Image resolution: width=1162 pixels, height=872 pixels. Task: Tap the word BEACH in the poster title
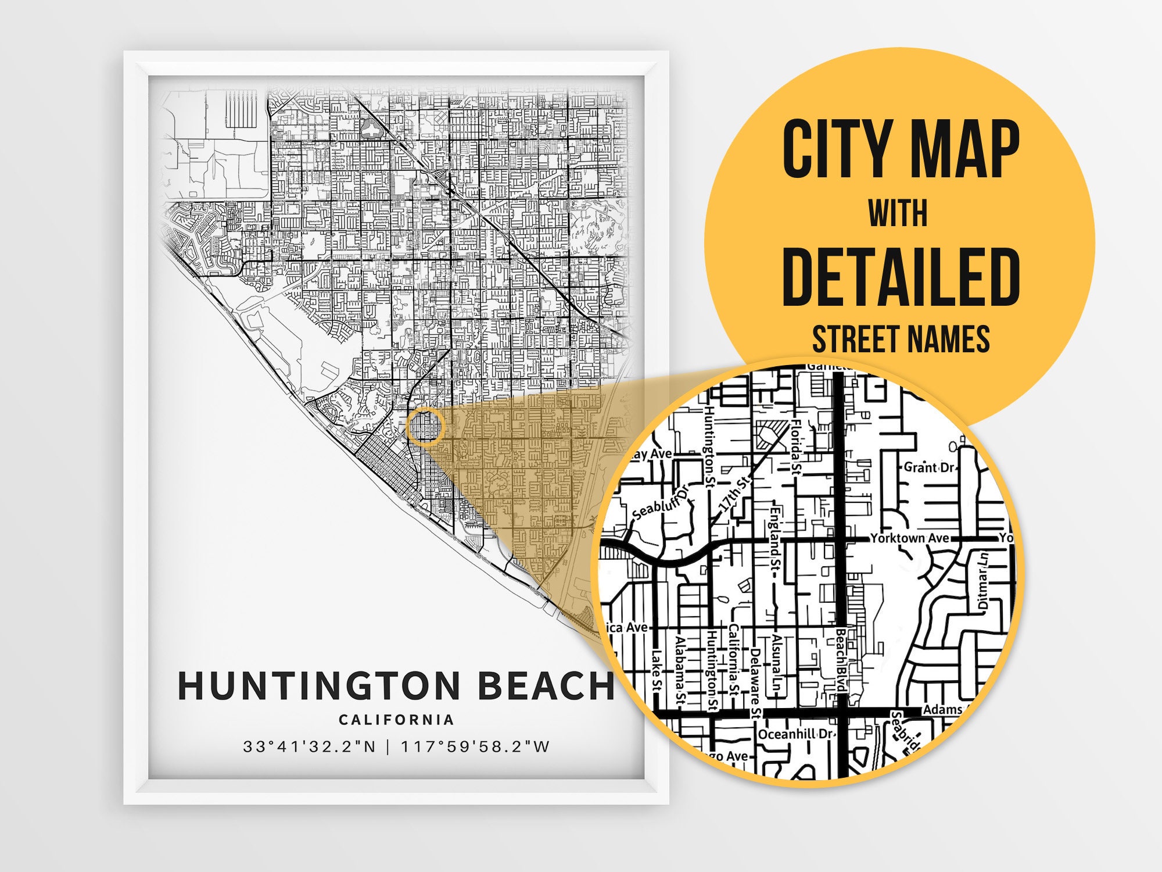coord(546,685)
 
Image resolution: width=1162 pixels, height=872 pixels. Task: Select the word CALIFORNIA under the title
coord(396,720)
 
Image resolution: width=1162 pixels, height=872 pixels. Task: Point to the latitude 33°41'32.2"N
coord(310,746)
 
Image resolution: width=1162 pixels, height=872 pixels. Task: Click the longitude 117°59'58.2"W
coord(475,746)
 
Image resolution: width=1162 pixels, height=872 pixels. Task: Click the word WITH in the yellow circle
coord(898,213)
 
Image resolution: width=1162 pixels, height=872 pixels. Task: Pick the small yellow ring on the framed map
coord(425,427)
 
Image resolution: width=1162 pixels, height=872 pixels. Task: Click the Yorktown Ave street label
coord(909,538)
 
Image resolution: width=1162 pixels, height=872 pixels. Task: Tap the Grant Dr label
coord(928,467)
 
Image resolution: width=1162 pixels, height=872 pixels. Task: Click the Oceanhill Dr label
coord(795,734)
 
